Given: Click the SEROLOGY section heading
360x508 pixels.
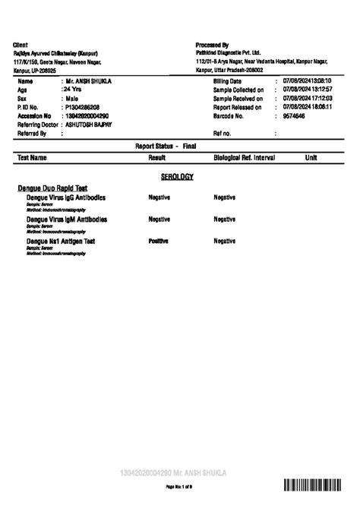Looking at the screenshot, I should point(177,176).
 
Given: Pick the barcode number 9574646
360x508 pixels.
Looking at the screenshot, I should point(293,115).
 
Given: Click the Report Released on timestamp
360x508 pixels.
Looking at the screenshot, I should point(308,107).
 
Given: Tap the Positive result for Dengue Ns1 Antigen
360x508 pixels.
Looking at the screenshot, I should point(158,241).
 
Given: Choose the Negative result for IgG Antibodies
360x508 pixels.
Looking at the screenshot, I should point(159,197).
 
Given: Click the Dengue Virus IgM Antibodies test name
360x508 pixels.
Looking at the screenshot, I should point(67,219).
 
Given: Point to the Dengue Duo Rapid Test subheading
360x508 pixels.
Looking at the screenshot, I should point(52,188).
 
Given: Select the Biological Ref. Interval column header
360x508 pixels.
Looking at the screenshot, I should point(244,158).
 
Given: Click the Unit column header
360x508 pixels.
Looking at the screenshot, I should point(311,158).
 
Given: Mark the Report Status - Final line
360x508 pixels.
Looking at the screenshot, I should point(166,144).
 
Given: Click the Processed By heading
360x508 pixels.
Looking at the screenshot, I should point(212,45).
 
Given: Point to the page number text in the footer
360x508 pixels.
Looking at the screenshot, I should point(179,485).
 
